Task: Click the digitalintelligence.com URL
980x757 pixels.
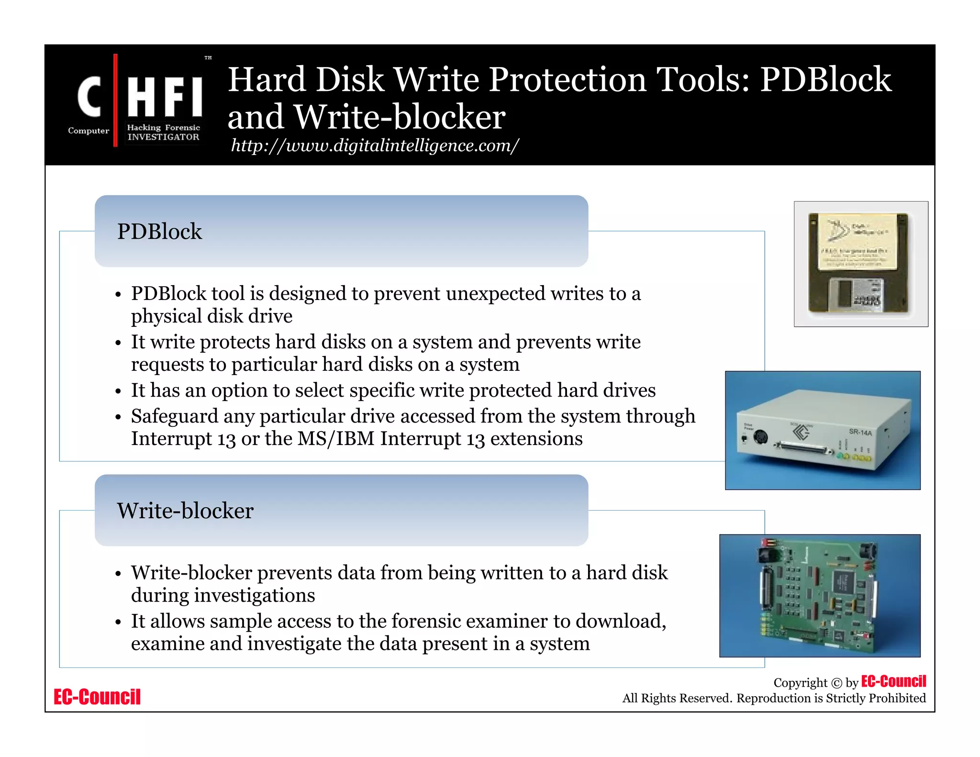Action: point(374,145)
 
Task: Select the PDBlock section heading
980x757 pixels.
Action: point(159,232)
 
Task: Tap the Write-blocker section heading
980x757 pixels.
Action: point(185,511)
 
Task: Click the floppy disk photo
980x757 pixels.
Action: point(860,264)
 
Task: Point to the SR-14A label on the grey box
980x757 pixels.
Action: point(860,432)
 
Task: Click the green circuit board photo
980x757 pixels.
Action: point(820,595)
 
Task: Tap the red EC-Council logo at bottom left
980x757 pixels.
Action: point(97,697)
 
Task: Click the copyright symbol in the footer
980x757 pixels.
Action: point(836,683)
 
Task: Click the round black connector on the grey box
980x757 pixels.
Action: point(760,436)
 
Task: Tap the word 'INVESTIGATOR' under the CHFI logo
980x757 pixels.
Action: point(163,137)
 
